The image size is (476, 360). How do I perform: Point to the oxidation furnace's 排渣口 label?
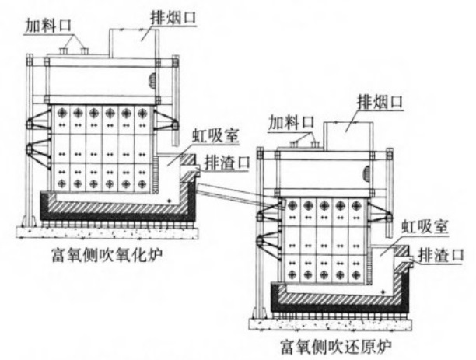tap(223, 162)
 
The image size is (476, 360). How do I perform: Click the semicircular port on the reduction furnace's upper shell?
tap(387, 170)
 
